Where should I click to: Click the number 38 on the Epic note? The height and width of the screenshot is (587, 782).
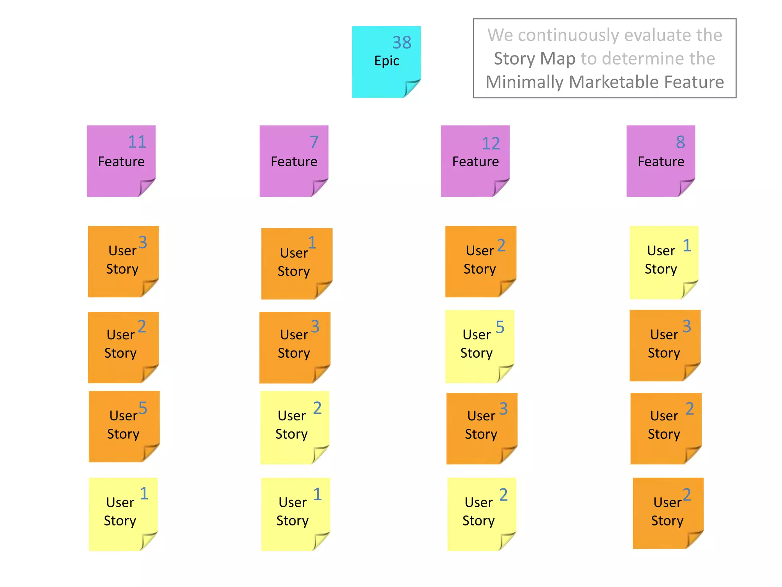point(402,42)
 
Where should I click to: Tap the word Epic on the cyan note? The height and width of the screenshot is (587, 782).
point(386,61)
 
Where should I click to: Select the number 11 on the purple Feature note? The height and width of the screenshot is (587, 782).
point(137,142)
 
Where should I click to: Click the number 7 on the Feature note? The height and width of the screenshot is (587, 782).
point(314,142)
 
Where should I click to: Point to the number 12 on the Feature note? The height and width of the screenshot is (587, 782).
point(491,144)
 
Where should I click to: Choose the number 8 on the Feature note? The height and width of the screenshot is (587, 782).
point(680,142)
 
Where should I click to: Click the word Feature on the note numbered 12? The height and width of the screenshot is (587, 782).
point(475,162)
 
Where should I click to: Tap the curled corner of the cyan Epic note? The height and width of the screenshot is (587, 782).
point(412,88)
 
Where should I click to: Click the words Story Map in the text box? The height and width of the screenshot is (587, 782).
point(534,58)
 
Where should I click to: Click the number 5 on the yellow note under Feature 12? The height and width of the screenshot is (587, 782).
point(500,327)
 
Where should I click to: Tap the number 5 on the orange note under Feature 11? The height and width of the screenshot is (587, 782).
point(142,408)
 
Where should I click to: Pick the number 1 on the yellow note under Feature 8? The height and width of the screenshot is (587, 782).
point(687,245)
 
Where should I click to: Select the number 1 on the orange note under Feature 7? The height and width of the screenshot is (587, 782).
point(312,243)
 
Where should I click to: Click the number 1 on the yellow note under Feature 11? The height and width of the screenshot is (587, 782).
point(144,494)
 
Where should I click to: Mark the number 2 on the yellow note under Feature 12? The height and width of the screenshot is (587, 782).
point(503,495)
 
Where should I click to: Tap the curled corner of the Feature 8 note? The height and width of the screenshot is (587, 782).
point(686,187)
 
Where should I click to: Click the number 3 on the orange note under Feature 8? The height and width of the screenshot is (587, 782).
point(687,326)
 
